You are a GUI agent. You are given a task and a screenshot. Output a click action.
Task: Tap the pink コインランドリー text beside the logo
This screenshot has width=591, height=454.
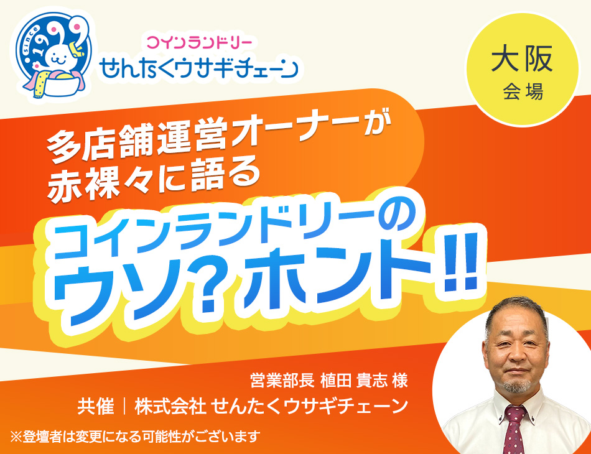(199, 42)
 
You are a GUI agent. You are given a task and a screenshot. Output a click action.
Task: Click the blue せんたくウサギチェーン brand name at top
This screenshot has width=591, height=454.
(198, 68)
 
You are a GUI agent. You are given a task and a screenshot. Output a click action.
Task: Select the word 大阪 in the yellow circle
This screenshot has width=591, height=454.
(522, 58)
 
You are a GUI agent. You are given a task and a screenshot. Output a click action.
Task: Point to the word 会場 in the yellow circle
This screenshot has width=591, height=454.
(523, 91)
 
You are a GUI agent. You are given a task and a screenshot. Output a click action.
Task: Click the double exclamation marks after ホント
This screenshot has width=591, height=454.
(460, 264)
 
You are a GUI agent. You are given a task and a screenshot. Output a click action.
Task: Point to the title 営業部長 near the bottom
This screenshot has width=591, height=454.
(282, 381)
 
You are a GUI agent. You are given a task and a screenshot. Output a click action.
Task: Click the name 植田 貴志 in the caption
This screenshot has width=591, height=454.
(353, 381)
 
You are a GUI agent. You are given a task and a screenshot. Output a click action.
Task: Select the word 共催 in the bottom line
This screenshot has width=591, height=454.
(96, 407)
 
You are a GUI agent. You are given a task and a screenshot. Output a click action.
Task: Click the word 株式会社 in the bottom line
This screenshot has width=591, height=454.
(170, 407)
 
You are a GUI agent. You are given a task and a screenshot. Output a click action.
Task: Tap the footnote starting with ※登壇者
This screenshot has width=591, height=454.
(136, 437)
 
